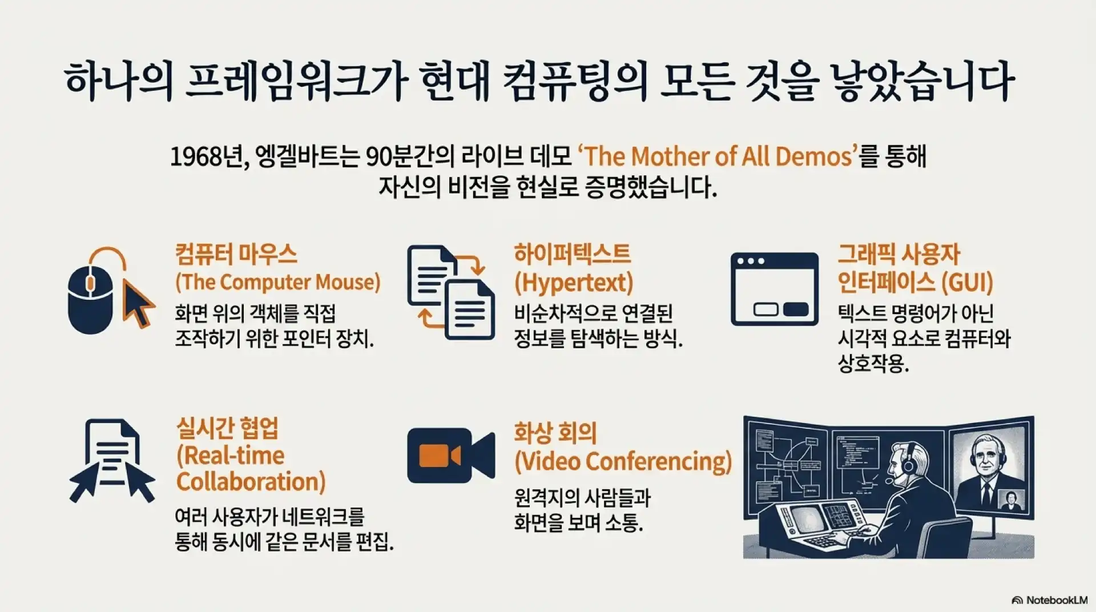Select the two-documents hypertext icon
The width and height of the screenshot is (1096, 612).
[451, 292]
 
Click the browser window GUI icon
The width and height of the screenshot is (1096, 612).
[775, 289]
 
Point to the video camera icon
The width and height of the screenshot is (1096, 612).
[451, 455]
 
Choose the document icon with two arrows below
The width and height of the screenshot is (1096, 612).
[112, 461]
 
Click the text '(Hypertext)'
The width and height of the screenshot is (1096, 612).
[574, 283]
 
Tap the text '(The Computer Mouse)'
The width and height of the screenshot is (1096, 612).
[278, 282]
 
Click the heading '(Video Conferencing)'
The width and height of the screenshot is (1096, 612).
[623, 461]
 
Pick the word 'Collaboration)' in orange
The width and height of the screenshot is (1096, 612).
[251, 482]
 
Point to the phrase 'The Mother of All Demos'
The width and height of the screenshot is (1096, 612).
[718, 156]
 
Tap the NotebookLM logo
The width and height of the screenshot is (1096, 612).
[1049, 600]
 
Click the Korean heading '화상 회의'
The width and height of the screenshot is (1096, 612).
[555, 432]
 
